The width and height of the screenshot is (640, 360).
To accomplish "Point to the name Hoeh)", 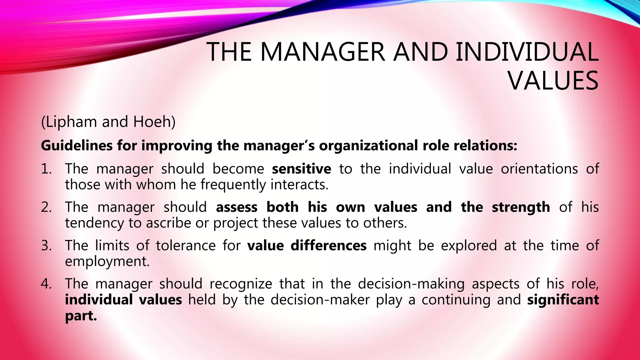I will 154,122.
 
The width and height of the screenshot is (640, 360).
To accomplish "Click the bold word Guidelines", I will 77,146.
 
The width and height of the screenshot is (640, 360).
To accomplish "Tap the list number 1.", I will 46,169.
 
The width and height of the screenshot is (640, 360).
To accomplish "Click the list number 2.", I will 46,207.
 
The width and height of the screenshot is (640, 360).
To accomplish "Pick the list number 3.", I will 46,246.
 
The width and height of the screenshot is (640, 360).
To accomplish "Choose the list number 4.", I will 46,284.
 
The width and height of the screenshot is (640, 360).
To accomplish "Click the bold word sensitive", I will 301,169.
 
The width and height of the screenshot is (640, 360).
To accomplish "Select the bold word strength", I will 521,207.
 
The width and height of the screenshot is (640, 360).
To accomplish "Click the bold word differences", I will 328,246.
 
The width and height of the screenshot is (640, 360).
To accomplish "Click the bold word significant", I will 563,300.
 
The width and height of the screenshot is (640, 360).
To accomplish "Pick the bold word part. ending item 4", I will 81,316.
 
